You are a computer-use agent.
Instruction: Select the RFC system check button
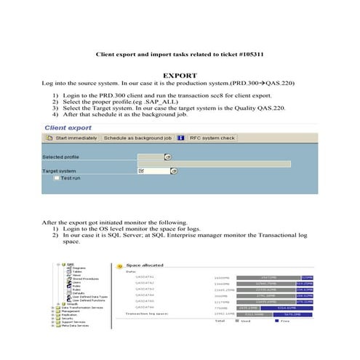tap(212, 137)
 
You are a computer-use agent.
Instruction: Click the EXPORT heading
tap(179, 74)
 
